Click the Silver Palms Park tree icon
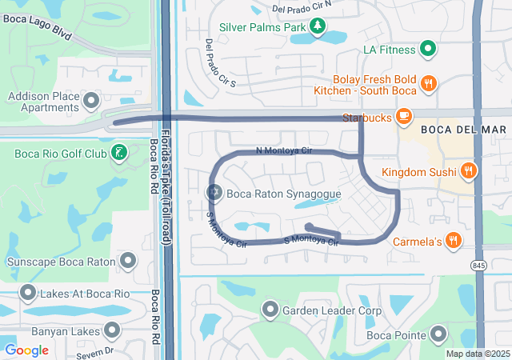click(x=318, y=27)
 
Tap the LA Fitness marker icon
click(x=428, y=50)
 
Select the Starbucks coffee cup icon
click(x=404, y=118)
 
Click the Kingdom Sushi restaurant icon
click(x=468, y=171)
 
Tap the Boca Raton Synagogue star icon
click(x=214, y=193)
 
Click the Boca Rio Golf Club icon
click(x=119, y=152)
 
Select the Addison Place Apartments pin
click(x=91, y=101)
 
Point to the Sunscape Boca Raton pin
click(x=128, y=261)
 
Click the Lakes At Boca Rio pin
click(x=29, y=294)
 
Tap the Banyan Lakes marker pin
click(x=112, y=330)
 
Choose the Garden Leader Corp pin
click(x=270, y=310)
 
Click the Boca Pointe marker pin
click(x=438, y=334)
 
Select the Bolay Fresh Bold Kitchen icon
click(x=428, y=83)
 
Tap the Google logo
click(x=26, y=350)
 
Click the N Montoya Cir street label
click(x=283, y=150)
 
